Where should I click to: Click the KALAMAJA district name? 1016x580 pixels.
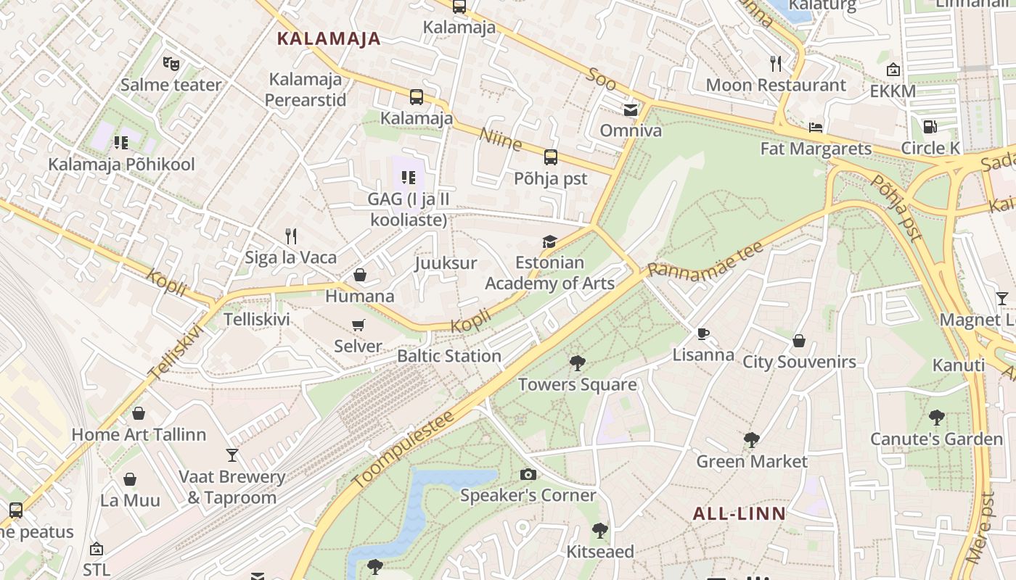[x=329, y=39]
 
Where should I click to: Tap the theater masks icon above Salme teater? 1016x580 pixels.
[x=171, y=64]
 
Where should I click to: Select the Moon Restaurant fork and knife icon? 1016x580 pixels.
[x=776, y=64]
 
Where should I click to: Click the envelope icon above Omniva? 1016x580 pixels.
[x=630, y=110]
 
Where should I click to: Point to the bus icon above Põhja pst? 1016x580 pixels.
[x=551, y=157]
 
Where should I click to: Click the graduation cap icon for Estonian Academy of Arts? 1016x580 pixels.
[x=549, y=241]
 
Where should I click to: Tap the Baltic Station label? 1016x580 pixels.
[x=449, y=356]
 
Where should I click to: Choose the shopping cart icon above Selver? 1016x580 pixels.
[x=358, y=326]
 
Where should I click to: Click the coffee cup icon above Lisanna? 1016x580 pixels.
[x=702, y=334]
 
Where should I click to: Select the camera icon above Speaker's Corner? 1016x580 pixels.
[x=528, y=475]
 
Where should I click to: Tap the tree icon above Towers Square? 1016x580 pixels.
[x=577, y=363]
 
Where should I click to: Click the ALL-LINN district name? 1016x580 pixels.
[x=739, y=514]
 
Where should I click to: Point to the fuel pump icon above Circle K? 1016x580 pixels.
[x=930, y=127]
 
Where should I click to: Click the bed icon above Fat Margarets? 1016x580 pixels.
[x=816, y=128]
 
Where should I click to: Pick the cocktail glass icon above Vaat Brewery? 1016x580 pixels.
[x=232, y=455]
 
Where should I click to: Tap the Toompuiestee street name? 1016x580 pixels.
[x=403, y=449]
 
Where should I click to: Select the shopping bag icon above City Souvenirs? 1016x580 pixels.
[x=799, y=341]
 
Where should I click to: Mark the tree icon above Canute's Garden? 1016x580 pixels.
[x=936, y=418]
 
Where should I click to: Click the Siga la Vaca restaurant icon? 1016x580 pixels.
[x=291, y=236]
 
